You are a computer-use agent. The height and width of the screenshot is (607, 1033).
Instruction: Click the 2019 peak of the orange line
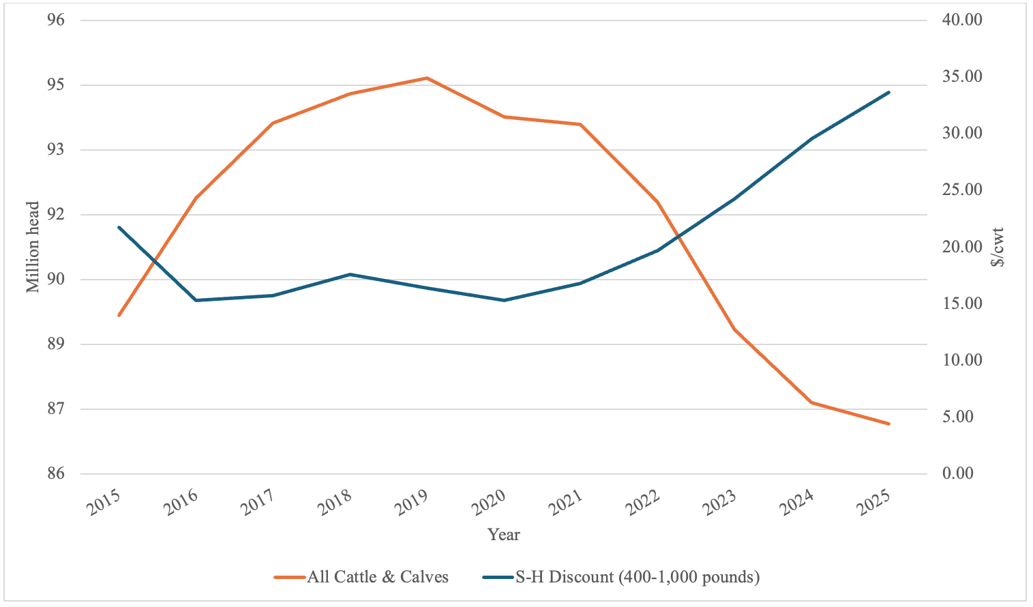(427, 78)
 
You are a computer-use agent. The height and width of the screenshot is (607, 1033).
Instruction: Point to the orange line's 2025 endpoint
(889, 424)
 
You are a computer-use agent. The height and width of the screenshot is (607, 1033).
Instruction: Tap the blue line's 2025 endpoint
(889, 92)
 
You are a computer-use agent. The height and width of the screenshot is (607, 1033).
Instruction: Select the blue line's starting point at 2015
(119, 227)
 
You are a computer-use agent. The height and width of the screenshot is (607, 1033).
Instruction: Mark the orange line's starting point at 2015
(119, 316)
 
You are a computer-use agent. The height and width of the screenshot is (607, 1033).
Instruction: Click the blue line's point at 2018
(350, 274)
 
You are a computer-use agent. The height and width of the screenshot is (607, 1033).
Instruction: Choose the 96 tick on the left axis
(56, 20)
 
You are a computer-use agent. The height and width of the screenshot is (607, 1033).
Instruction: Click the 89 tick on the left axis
(56, 344)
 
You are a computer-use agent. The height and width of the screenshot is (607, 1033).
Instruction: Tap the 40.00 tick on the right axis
(962, 20)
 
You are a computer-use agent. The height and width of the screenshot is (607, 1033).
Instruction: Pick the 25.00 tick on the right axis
(962, 190)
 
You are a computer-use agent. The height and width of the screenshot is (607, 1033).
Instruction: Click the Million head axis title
(33, 247)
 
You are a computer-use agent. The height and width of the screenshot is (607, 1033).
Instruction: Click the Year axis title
(504, 535)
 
